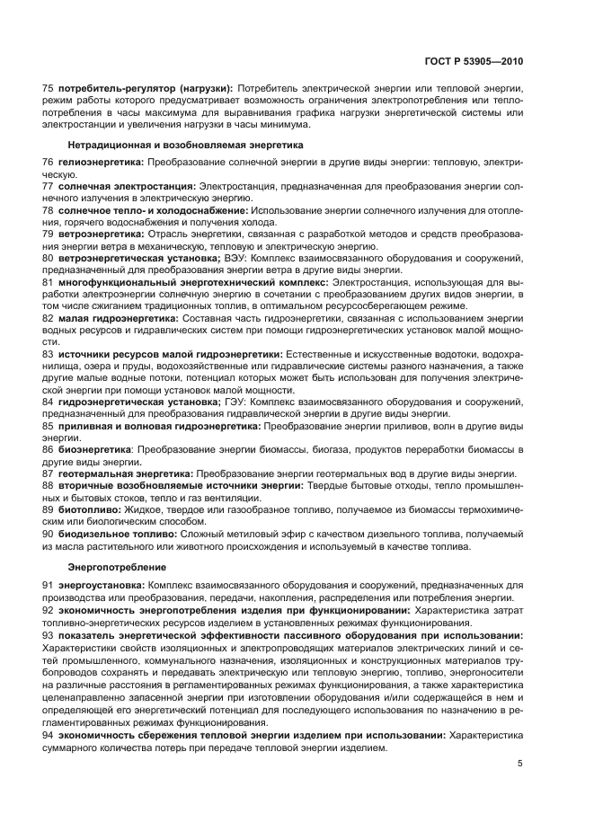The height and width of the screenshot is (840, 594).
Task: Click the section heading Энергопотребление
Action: click(111, 568)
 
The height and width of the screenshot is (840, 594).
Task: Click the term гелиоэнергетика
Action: click(101, 161)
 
